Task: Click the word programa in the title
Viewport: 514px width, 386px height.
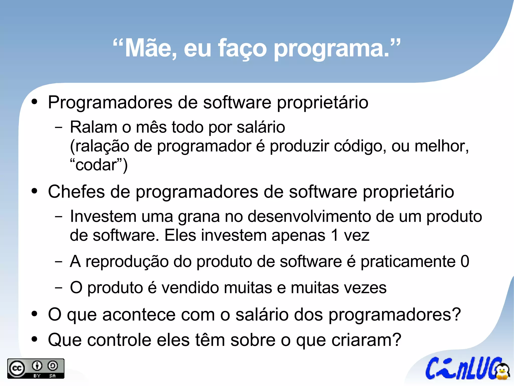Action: [331, 49]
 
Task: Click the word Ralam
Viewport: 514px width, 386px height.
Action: [93, 127]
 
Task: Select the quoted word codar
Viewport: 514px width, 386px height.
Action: [96, 165]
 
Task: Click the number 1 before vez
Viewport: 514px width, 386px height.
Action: [335, 235]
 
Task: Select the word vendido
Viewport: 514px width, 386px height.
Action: [190, 288]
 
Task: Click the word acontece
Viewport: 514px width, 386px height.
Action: [139, 315]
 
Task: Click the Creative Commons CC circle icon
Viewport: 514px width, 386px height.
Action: [17, 369]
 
